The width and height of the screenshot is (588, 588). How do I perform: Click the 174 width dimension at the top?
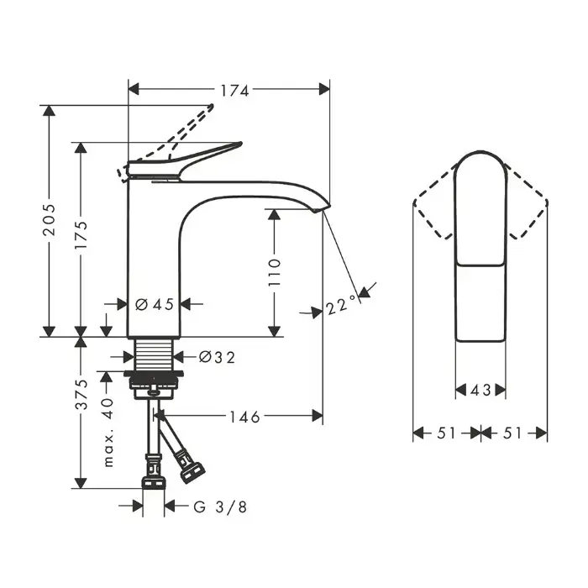click(x=234, y=91)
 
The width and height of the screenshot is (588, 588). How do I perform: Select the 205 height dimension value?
click(x=49, y=220)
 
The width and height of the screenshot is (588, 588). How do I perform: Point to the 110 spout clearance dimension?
click(x=275, y=272)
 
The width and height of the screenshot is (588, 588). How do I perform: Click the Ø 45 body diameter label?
click(x=155, y=304)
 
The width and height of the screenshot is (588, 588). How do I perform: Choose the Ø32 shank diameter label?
click(x=217, y=357)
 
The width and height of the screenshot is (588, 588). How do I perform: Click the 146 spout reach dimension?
click(x=244, y=417)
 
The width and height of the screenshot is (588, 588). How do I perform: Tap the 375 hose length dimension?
click(x=81, y=395)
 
